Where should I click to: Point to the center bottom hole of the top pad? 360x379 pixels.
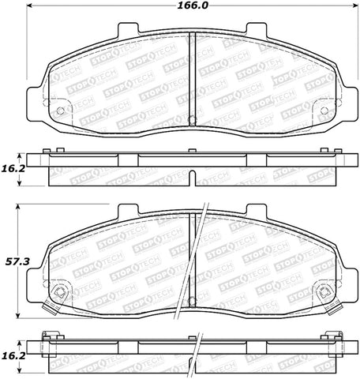(x=193, y=120)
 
